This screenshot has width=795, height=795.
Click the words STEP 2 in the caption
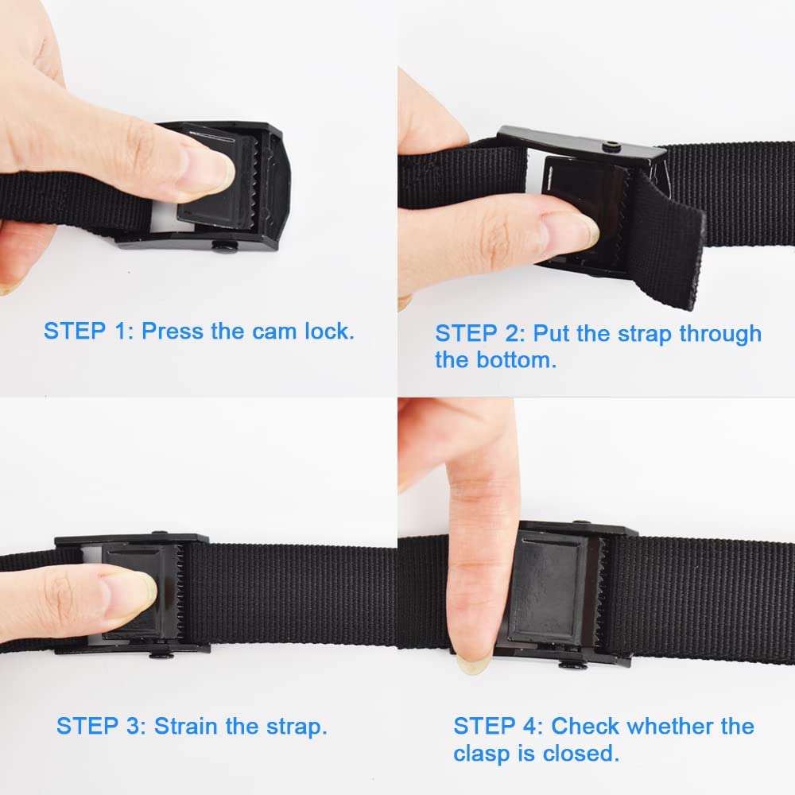click(x=478, y=333)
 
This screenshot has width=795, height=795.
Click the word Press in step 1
click(x=173, y=331)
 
